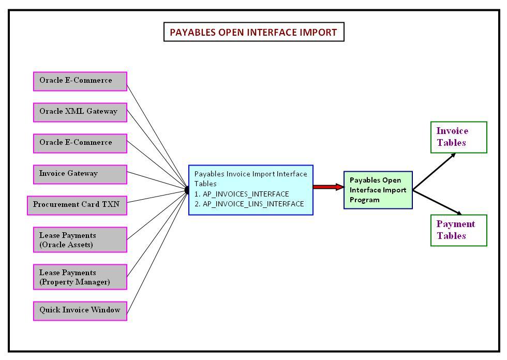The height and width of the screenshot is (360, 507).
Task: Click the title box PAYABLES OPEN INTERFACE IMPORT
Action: pyautogui.click(x=253, y=32)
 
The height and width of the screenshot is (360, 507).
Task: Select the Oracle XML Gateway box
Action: pyautogui.click(x=80, y=112)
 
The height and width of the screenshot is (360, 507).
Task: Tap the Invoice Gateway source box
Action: pyautogui.click(x=80, y=174)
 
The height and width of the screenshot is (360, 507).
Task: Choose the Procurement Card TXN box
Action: pyautogui.click(x=77, y=205)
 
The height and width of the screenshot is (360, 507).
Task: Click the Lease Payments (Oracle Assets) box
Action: pyautogui.click(x=80, y=240)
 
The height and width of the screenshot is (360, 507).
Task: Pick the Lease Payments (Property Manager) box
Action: pyautogui.click(x=80, y=277)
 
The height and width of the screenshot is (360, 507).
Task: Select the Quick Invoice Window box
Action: pyautogui.click(x=80, y=310)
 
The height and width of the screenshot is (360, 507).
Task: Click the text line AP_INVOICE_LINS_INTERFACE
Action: pyautogui.click(x=249, y=204)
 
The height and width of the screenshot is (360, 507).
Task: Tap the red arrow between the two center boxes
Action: pyautogui.click(x=328, y=187)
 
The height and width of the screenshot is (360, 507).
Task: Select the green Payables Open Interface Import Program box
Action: pyautogui.click(x=378, y=190)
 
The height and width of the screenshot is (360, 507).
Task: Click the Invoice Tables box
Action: pyautogui.click(x=458, y=137)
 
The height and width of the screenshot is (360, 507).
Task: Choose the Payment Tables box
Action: pyautogui.click(x=458, y=230)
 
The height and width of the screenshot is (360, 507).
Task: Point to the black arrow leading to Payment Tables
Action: pyautogui.click(x=437, y=202)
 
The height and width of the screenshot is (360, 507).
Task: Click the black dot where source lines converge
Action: pyautogui.click(x=187, y=190)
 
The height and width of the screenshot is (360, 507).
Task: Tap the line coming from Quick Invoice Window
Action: pyautogui.click(x=155, y=253)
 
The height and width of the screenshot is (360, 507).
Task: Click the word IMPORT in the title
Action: pyautogui.click(x=316, y=32)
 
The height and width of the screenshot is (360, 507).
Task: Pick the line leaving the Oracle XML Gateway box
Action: pyautogui.click(x=155, y=150)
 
